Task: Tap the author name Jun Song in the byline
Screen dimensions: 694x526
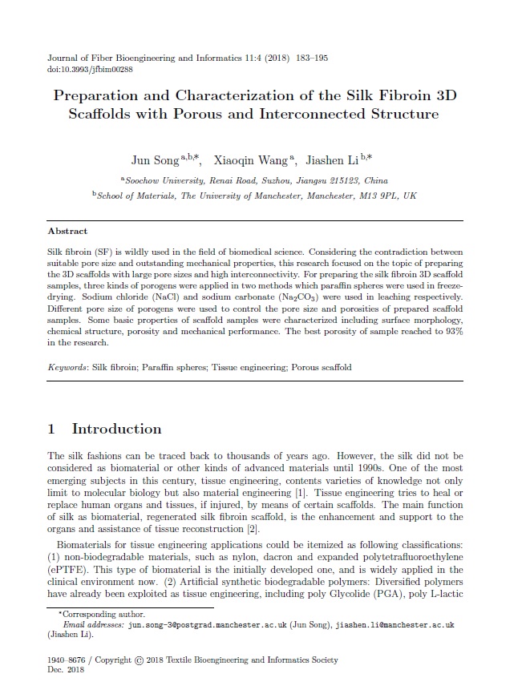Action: tap(155, 160)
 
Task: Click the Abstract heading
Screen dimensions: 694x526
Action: tap(68, 231)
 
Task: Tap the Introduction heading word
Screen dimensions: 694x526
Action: tap(117, 429)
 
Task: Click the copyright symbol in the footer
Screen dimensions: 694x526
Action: tap(140, 660)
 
